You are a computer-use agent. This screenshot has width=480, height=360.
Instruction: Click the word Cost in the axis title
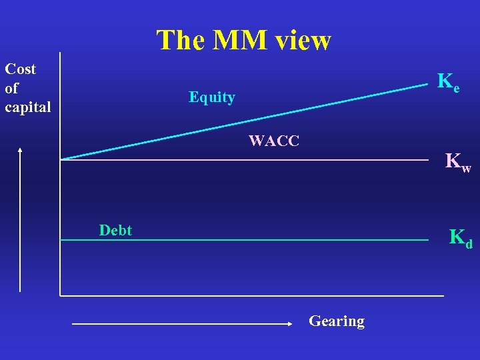[21, 69]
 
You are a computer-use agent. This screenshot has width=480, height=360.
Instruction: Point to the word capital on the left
[27, 107]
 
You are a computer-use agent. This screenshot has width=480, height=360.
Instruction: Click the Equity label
[212, 97]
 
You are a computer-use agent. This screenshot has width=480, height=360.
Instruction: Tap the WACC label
[274, 141]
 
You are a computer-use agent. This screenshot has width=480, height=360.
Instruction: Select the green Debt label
[115, 231]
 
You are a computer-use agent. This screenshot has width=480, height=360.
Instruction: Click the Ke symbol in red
[448, 82]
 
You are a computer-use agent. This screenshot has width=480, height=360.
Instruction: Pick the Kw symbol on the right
[457, 162]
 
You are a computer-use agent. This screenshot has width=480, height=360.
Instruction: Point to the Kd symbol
[460, 237]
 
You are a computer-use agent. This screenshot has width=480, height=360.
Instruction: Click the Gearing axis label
[337, 321]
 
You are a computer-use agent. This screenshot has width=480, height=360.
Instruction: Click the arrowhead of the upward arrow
[21, 149]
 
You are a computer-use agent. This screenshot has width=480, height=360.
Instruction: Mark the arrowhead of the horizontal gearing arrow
[290, 323]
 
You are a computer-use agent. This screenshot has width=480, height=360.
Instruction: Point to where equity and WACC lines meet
[61, 159]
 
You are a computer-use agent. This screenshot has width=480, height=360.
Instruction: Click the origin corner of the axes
[61, 295]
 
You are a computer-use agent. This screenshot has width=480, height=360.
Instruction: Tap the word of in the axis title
[12, 88]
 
